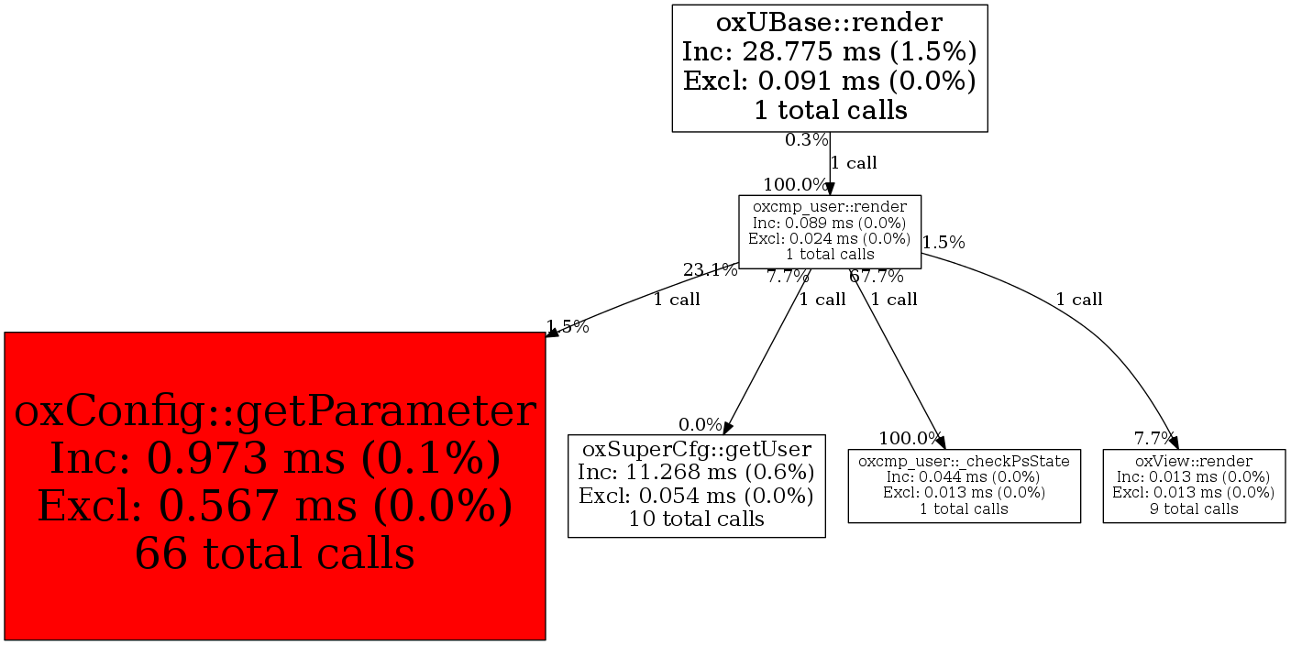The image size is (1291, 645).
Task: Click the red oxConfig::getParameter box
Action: click(275, 486)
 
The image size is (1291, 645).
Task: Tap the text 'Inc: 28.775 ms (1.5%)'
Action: click(829, 51)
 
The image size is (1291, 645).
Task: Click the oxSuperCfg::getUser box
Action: click(697, 486)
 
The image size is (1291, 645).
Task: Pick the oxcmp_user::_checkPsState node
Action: click(964, 485)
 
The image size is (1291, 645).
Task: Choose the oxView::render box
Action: click(1193, 485)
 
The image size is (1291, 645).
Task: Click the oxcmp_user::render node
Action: click(830, 231)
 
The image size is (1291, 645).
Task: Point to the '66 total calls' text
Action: click(275, 553)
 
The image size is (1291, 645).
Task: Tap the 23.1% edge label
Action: click(710, 270)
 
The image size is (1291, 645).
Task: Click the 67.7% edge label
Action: click(877, 277)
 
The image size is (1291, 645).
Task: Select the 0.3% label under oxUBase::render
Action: click(806, 140)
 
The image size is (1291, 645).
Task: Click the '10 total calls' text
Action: click(697, 519)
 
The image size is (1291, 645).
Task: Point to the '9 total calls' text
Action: click(1193, 508)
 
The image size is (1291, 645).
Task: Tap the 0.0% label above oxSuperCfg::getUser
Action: click(701, 424)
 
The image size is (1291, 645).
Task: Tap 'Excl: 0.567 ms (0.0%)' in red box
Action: click(275, 507)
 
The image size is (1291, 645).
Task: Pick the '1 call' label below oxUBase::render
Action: click(854, 163)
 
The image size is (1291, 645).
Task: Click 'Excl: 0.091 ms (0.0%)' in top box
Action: click(829, 81)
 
